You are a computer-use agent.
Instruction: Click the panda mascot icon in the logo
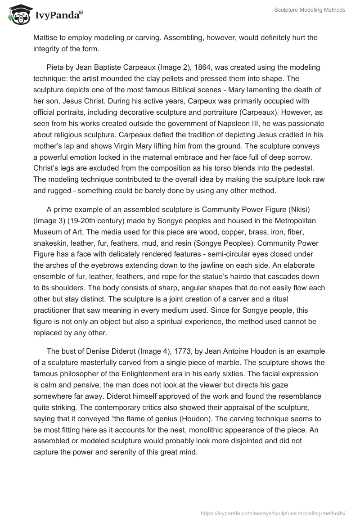(18, 15)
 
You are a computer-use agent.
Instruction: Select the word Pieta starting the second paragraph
(55, 67)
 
